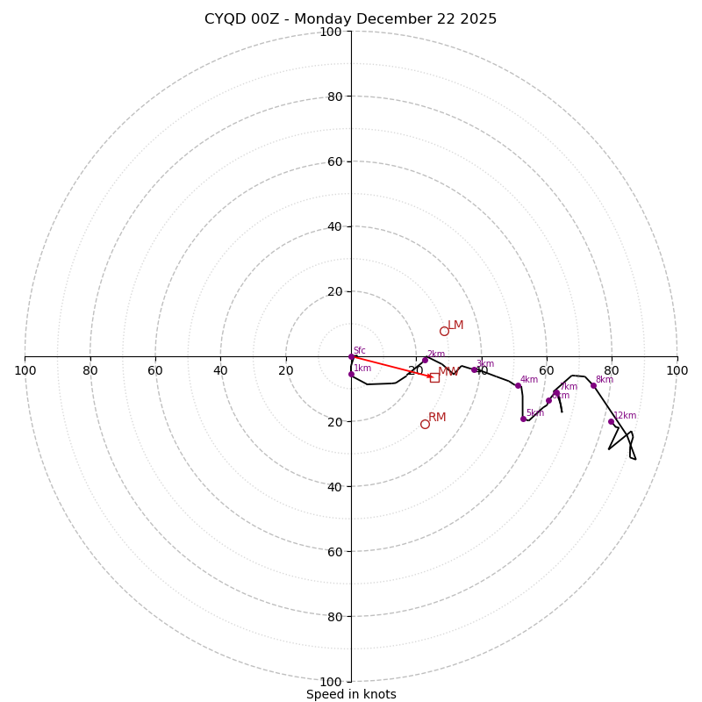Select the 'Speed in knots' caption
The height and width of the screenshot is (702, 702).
351,694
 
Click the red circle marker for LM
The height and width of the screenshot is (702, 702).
444,331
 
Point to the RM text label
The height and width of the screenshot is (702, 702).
437,417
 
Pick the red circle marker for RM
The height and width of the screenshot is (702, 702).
425,424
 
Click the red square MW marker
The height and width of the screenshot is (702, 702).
434,377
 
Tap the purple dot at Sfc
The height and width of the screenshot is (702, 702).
352,357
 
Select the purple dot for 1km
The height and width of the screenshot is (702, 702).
351,375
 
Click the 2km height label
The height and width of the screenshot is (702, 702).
436,354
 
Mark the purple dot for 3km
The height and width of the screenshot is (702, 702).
474,369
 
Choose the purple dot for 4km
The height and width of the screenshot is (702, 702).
518,385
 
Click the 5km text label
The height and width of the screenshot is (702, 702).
535,412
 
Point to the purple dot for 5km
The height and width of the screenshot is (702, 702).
523,419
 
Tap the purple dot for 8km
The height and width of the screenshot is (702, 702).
593,385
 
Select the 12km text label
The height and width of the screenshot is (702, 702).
625,416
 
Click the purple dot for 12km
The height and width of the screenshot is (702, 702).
612,421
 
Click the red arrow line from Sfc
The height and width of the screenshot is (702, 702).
393,367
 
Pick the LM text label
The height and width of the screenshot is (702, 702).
455,326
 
